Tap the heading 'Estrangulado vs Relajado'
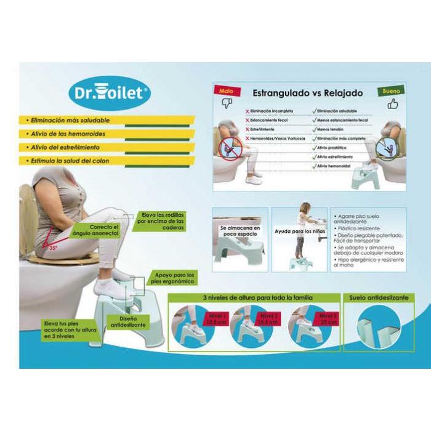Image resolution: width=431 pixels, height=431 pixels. [308, 93]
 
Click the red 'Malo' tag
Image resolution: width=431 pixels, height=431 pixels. [227, 91]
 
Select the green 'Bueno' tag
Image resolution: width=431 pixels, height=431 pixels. [392, 91]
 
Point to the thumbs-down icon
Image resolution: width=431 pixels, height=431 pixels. [227, 103]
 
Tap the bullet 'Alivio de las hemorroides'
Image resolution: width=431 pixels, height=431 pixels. [67, 134]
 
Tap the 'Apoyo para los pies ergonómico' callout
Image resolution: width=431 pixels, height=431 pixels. [174, 278]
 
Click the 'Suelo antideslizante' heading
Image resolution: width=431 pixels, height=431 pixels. [379, 297]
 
